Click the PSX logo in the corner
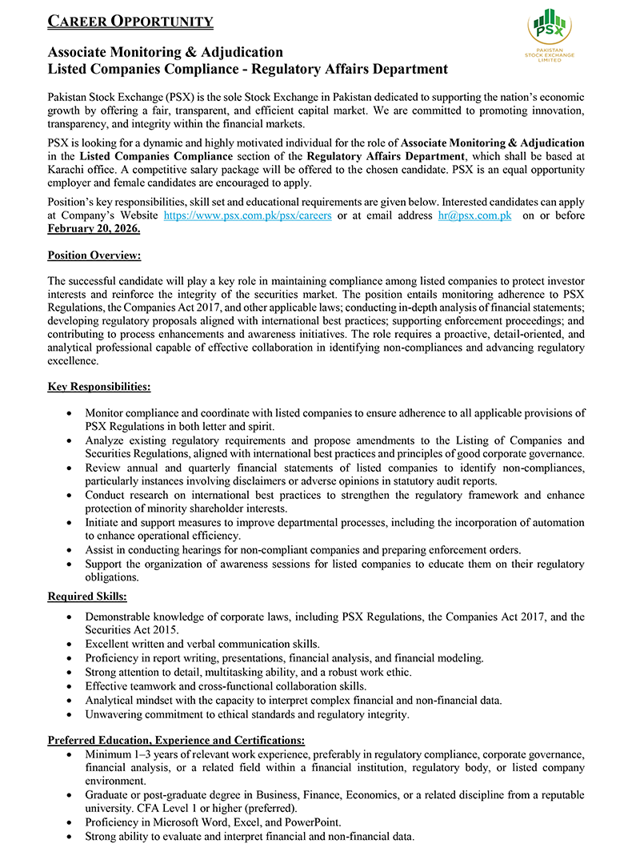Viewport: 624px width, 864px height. point(550,36)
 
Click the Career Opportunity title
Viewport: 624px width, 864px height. point(130,22)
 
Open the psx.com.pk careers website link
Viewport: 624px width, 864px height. point(247,215)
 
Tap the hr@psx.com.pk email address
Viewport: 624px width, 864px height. point(474,215)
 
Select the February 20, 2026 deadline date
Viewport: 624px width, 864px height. point(94,228)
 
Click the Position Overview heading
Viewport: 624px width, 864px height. point(94,255)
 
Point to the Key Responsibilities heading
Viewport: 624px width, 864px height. point(99,387)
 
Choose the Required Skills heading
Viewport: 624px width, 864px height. point(87,597)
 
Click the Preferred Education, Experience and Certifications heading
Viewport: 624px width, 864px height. point(176,741)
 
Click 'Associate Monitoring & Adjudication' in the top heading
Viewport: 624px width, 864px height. point(165,53)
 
